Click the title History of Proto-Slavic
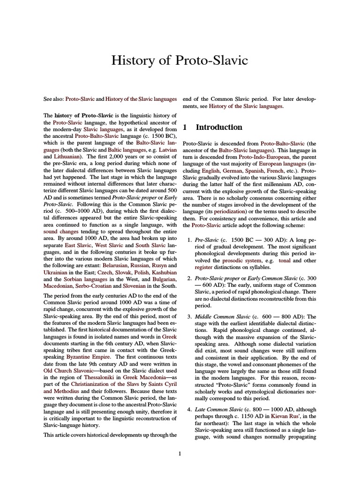(x=180, y=60)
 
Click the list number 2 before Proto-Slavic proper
(x=189, y=278)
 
